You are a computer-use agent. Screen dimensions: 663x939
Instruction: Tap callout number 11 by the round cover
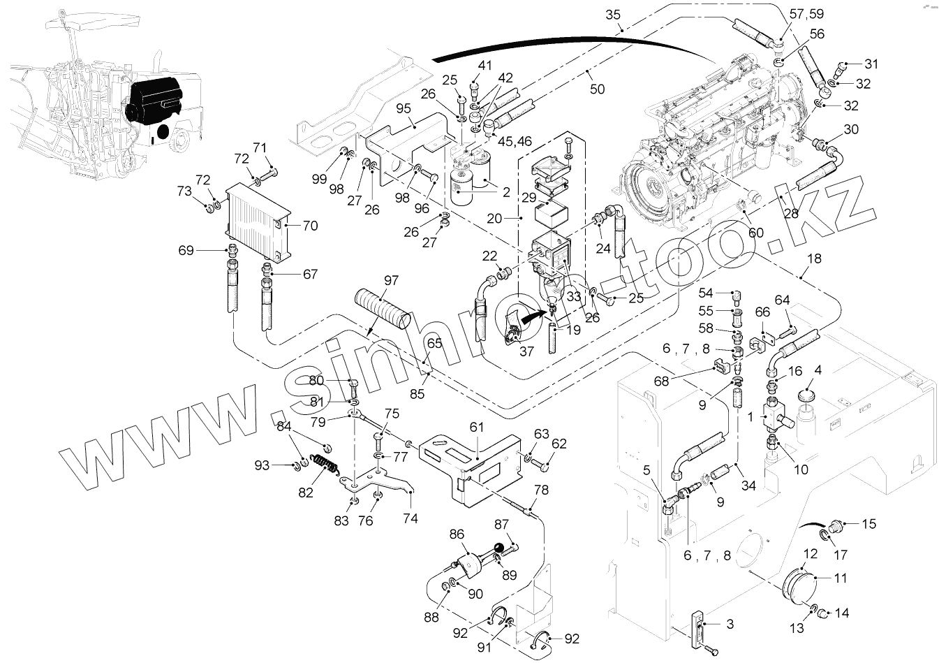[840, 578]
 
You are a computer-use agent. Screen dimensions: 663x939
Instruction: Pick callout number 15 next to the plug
[868, 523]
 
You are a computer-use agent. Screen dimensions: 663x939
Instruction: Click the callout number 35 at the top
[614, 15]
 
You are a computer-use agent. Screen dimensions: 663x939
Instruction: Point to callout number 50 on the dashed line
[597, 89]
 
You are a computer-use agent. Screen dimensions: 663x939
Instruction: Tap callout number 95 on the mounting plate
[404, 108]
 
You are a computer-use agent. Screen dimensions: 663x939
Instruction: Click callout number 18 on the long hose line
[814, 258]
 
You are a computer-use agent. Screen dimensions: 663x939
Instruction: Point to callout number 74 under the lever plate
[410, 518]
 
